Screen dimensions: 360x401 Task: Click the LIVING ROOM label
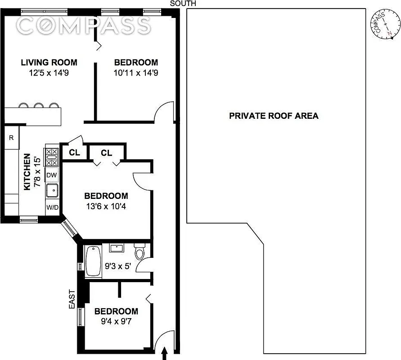click(49, 63)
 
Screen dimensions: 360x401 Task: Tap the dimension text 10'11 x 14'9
click(135, 72)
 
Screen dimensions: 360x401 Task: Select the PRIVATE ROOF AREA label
click(274, 116)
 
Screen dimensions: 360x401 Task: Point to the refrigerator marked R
click(11, 138)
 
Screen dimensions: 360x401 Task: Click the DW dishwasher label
click(52, 175)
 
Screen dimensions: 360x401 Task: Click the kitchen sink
click(52, 191)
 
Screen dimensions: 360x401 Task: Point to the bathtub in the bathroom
click(93, 261)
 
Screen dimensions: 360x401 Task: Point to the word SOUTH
click(183, 4)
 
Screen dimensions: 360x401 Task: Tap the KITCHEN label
click(27, 171)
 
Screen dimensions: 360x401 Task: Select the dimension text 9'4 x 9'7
click(116, 321)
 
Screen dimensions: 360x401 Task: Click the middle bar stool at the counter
click(39, 107)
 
